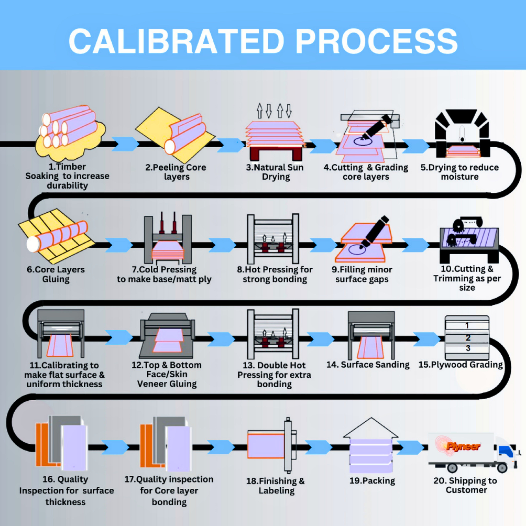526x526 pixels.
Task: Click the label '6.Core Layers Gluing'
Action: coord(56,274)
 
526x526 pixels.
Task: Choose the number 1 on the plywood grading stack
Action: coord(467,325)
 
